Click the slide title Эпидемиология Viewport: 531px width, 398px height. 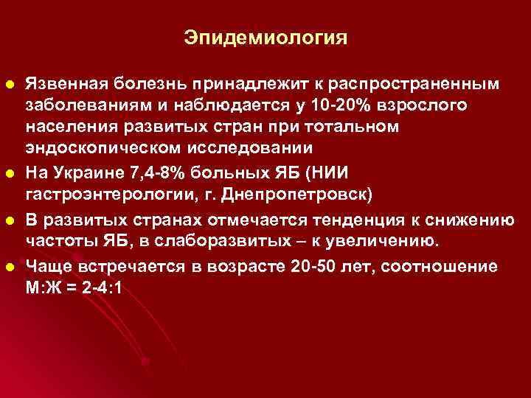tap(265, 37)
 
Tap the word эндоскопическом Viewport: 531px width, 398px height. tap(97, 150)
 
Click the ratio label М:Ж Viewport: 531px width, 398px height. tap(44, 290)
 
